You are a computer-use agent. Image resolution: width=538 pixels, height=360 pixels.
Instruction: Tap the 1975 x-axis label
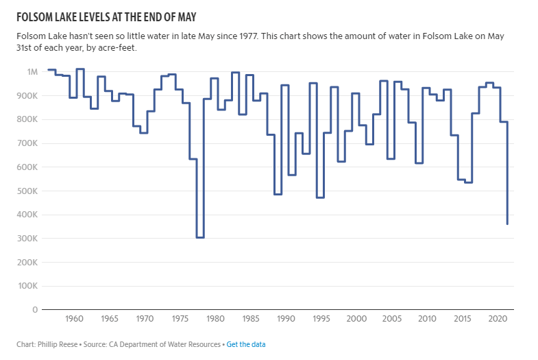click(180, 320)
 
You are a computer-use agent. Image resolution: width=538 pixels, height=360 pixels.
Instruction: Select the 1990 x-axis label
click(285, 320)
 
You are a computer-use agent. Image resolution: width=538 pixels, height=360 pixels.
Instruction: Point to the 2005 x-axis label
click(391, 320)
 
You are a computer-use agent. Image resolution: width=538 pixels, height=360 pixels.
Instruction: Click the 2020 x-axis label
click(496, 320)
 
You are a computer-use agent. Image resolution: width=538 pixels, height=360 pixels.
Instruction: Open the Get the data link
click(246, 344)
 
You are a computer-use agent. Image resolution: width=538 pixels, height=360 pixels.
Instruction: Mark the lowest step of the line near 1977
click(200, 237)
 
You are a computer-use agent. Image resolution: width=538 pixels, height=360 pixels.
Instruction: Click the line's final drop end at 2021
click(507, 224)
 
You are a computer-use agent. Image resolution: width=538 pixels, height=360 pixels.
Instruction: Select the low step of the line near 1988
click(278, 194)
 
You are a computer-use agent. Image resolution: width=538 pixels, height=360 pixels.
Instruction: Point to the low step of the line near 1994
click(320, 197)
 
